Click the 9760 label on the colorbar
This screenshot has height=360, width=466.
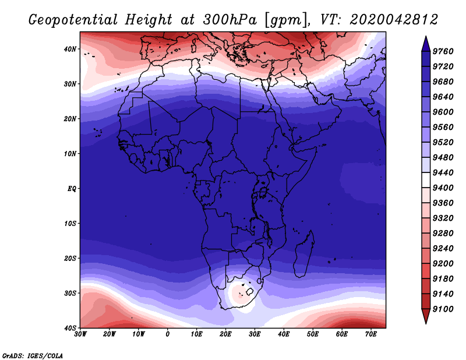(443, 51)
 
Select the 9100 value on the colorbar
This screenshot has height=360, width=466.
(443, 309)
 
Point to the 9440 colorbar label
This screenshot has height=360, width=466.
(443, 172)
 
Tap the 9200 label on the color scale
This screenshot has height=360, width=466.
(443, 264)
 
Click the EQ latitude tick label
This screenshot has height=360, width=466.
(72, 189)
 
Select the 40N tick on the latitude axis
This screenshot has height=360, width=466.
(70, 49)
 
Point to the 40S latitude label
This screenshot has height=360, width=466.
(70, 328)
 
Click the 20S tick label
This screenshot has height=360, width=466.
(70, 258)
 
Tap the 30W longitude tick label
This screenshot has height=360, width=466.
(80, 334)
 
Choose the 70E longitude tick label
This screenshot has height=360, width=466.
(371, 334)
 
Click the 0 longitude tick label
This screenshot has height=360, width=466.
(168, 334)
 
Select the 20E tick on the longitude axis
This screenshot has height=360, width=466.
(225, 334)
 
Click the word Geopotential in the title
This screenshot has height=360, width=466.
(73, 20)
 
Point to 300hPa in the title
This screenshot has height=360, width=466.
(230, 20)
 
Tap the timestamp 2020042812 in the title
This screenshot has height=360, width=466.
(394, 20)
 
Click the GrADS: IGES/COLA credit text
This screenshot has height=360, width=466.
(33, 356)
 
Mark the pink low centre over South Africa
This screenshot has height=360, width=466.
(240, 295)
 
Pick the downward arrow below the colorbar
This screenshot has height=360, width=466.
(426, 316)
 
